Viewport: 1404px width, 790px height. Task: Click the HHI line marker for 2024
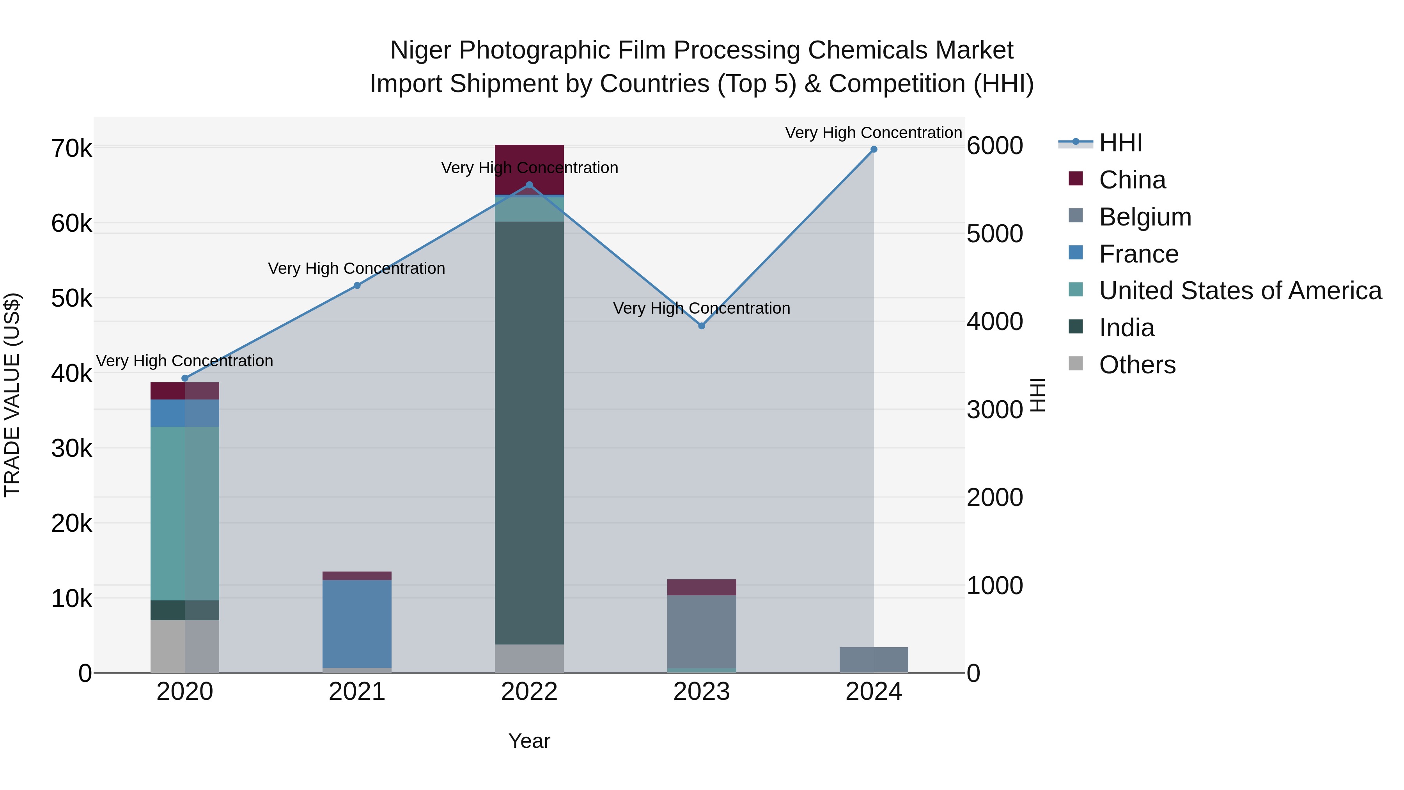[x=874, y=149]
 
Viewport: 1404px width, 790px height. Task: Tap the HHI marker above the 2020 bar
[x=185, y=378]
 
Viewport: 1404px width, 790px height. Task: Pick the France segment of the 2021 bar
[x=357, y=624]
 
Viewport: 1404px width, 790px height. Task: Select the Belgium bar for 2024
[x=874, y=660]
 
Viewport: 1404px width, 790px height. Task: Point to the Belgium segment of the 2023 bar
[x=702, y=631]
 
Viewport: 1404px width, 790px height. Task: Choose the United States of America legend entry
[x=1240, y=291]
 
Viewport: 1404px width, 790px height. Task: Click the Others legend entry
[x=1137, y=365]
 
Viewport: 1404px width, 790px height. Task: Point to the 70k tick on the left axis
[x=71, y=148]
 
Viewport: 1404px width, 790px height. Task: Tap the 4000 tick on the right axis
[x=994, y=322]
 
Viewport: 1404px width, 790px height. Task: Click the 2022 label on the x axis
[x=529, y=692]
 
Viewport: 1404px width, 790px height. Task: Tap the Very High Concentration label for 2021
[x=356, y=269]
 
